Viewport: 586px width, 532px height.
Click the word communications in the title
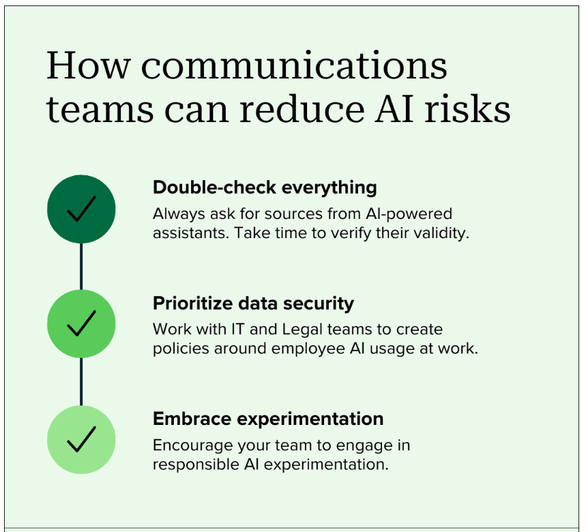coord(294,65)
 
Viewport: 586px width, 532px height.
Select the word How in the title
coord(89,65)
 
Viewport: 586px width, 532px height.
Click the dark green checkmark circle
coord(81,209)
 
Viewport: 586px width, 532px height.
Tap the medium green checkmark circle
coord(81,323)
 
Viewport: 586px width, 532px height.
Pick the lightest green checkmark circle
coord(81,440)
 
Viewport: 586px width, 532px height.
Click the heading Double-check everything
coord(265,188)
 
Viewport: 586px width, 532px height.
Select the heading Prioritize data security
coord(253,304)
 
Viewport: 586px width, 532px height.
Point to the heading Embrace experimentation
coord(268,419)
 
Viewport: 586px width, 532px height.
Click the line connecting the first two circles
coord(81,267)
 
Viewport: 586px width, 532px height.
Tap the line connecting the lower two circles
coord(81,382)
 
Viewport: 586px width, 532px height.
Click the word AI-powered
coord(409,214)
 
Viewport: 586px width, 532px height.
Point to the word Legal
coord(302,330)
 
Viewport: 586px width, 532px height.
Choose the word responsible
coord(196,465)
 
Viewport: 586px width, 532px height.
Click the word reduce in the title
coord(302,108)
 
